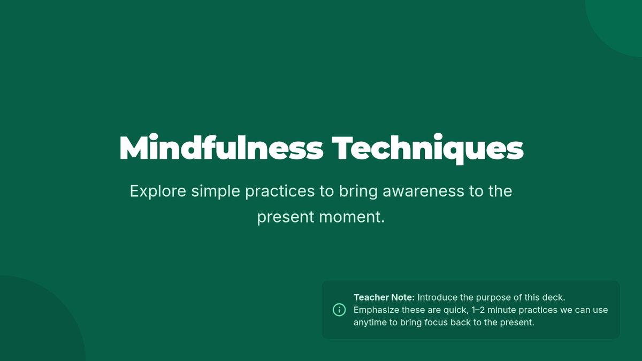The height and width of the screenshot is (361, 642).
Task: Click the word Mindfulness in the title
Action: coord(221,147)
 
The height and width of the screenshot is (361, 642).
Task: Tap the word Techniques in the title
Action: coord(427,149)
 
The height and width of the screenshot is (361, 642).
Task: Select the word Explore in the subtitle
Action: coord(158,191)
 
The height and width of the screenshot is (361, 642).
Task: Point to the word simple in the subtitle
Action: coord(216,191)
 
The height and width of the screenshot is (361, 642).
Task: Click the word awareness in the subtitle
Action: coord(423,191)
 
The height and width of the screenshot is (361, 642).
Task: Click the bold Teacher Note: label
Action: coord(384,297)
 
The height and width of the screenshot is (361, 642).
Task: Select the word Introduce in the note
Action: coord(438,297)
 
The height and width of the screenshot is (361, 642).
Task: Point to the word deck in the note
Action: coord(554,297)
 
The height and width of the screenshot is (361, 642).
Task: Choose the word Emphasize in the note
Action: coord(376,310)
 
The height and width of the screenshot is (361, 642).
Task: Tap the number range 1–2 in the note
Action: coord(478,310)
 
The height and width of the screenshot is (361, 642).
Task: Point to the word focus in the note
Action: coord(436,322)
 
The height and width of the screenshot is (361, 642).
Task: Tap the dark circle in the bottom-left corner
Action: coord(34,324)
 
